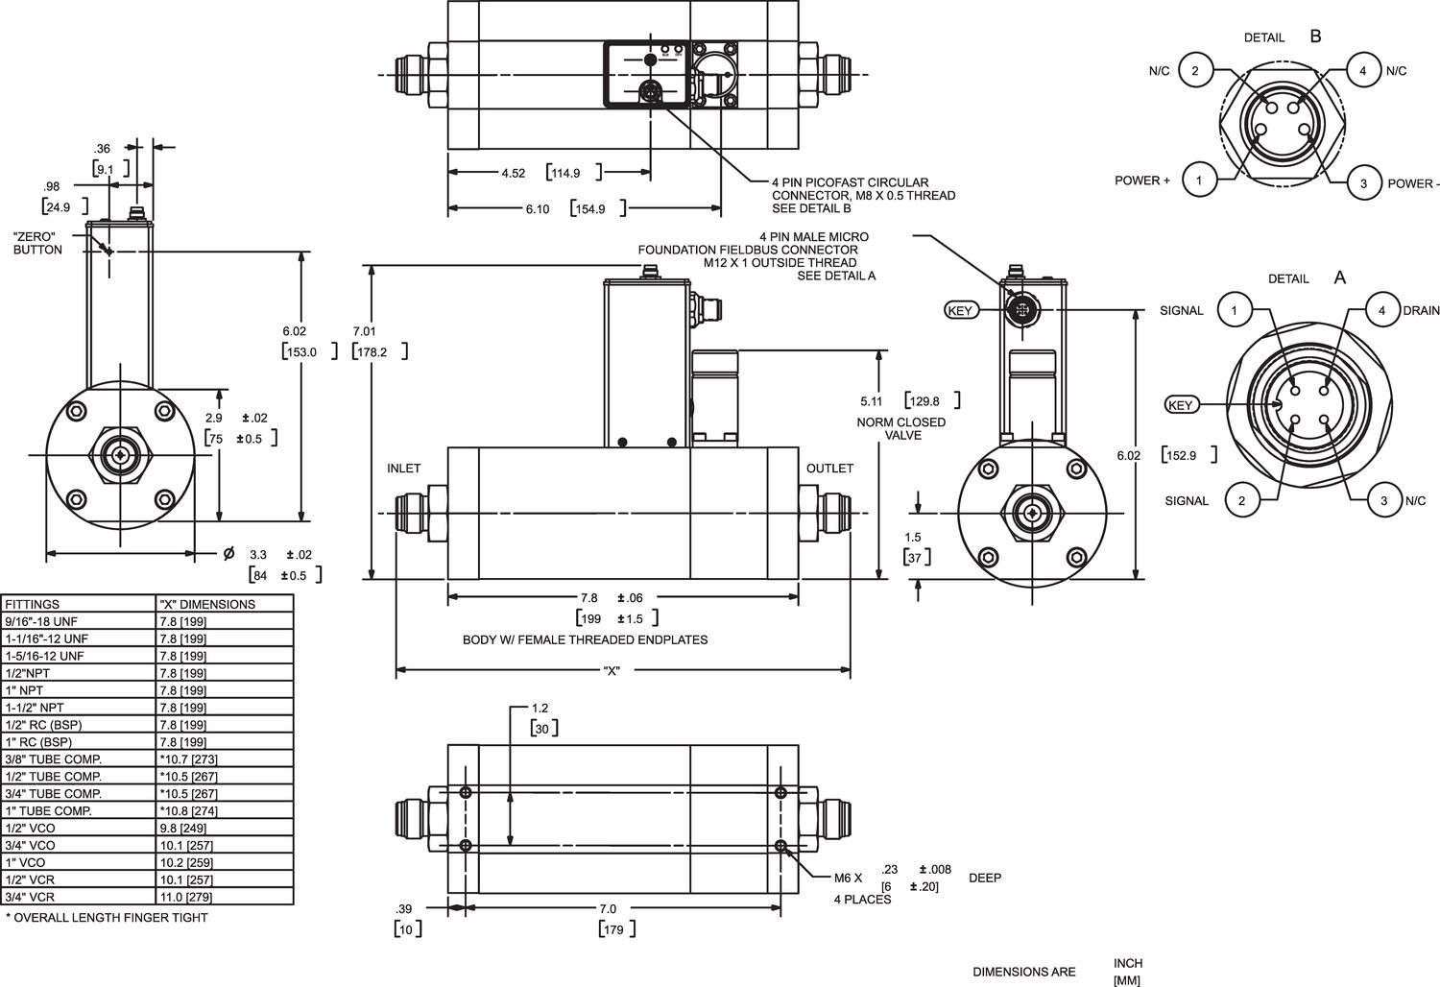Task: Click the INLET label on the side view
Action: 403,469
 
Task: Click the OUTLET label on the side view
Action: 829,469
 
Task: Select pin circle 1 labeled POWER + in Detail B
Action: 1199,180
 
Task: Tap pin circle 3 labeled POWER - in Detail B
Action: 1363,182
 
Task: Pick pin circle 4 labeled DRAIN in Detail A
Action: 1381,310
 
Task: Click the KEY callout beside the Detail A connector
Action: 1181,405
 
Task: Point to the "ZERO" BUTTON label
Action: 37,243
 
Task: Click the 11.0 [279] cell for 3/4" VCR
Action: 186,897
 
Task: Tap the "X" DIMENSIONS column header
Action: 207,604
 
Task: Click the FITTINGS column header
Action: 32,604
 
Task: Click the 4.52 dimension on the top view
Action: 513,174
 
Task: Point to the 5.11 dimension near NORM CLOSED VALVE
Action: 872,401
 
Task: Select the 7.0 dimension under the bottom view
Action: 607,908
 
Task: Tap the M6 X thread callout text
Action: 848,878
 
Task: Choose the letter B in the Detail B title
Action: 1315,36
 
